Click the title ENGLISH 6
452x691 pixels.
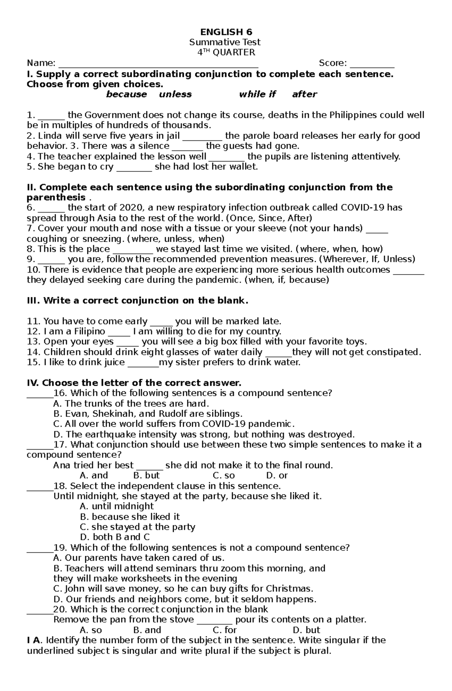click(226, 32)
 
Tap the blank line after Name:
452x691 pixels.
click(158, 64)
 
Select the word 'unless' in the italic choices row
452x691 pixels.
click(175, 95)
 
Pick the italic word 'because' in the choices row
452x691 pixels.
click(126, 95)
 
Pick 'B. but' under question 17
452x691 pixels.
click(147, 476)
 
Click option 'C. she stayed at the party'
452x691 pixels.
click(137, 527)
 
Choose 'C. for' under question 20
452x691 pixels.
click(224, 630)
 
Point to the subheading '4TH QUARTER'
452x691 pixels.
click(226, 52)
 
